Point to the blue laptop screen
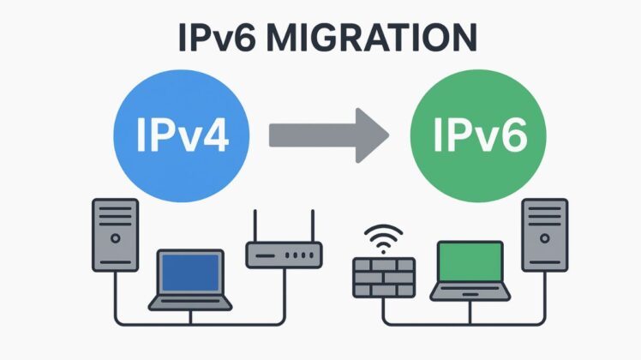point(190,273)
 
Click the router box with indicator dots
point(284,254)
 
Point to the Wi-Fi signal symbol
point(383,236)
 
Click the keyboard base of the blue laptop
point(190,303)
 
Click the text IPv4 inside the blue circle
point(182,137)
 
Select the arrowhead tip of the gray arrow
point(384,135)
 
